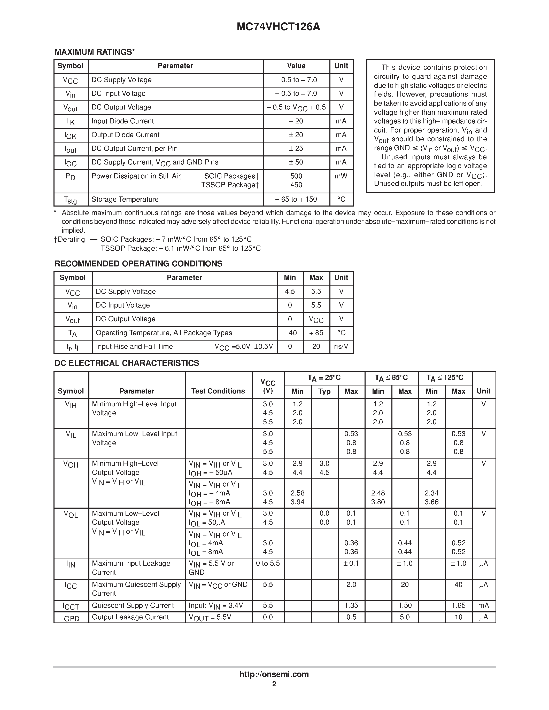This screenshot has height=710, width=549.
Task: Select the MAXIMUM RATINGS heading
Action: (94, 52)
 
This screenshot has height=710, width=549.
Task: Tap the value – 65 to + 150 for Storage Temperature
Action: (296, 199)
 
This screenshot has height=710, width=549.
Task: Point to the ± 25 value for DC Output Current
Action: (296, 148)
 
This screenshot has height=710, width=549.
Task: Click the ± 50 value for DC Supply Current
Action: (296, 162)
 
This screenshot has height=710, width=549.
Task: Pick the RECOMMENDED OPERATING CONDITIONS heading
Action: (138, 264)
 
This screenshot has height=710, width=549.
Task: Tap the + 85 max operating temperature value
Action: (316, 333)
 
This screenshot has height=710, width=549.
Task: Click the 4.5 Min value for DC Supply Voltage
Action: (290, 291)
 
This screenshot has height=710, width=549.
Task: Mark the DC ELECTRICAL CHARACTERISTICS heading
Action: (127, 363)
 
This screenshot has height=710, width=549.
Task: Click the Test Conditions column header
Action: (218, 391)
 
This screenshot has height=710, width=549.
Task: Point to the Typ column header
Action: (324, 391)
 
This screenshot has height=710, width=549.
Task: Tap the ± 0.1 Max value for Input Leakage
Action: (351, 563)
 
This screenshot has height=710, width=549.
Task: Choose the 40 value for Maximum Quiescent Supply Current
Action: (458, 585)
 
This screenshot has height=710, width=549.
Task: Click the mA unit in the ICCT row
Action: (483, 606)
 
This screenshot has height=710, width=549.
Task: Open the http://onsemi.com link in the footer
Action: (274, 674)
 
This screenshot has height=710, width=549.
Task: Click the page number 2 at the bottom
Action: (274, 684)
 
